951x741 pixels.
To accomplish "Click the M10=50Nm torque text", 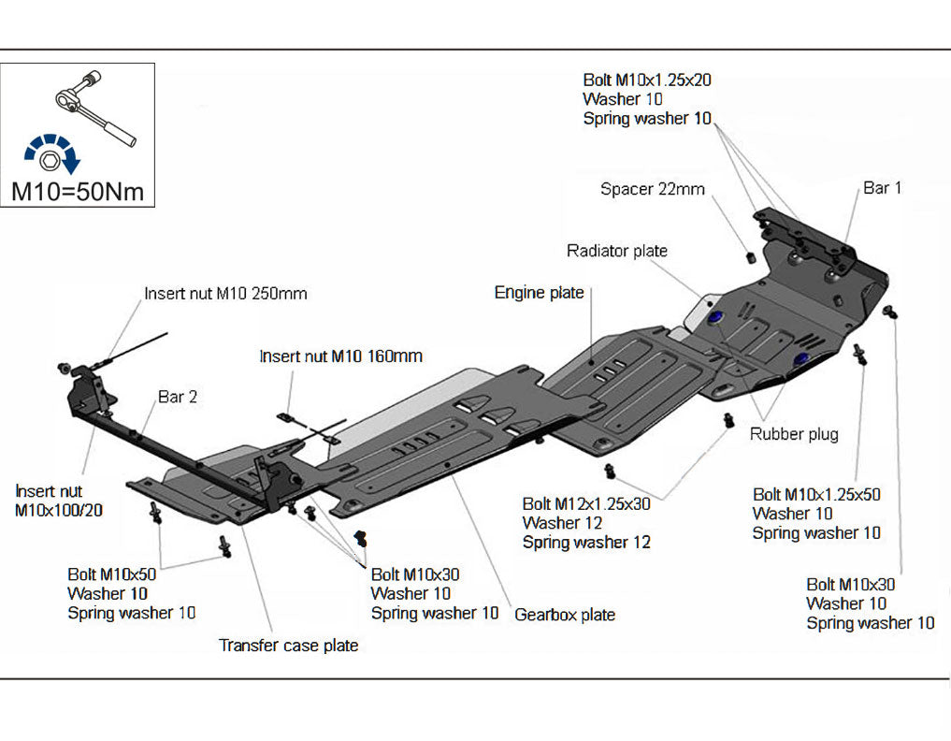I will (x=78, y=192).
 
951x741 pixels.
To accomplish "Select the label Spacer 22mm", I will (x=652, y=189).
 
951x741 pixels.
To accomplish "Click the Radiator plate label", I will (x=617, y=251).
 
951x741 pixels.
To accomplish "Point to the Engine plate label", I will (x=539, y=293).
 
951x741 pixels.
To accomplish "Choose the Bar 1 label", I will (x=882, y=188).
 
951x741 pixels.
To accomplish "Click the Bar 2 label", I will (x=178, y=397).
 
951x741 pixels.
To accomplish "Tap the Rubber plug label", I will (x=794, y=434).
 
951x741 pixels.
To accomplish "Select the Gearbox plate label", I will (x=565, y=615).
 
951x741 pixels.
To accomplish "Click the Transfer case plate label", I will (x=288, y=646).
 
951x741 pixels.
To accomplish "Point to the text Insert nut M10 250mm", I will (x=225, y=294).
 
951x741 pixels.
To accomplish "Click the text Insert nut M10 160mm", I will (x=340, y=356).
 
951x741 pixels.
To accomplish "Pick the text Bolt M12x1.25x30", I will (x=585, y=503).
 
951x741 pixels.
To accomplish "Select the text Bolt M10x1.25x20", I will (x=647, y=80).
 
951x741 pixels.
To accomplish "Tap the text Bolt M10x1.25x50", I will (x=816, y=494).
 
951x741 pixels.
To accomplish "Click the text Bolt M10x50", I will (x=111, y=574).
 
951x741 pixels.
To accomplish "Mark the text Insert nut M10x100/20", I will (x=59, y=501).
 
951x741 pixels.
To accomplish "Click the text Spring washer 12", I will (x=586, y=542).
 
